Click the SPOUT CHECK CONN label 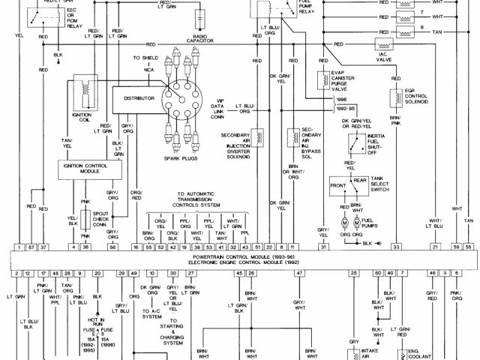point(100,218)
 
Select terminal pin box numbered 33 point(396,247)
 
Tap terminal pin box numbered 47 point(299,274)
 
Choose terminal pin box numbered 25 point(353,274)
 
